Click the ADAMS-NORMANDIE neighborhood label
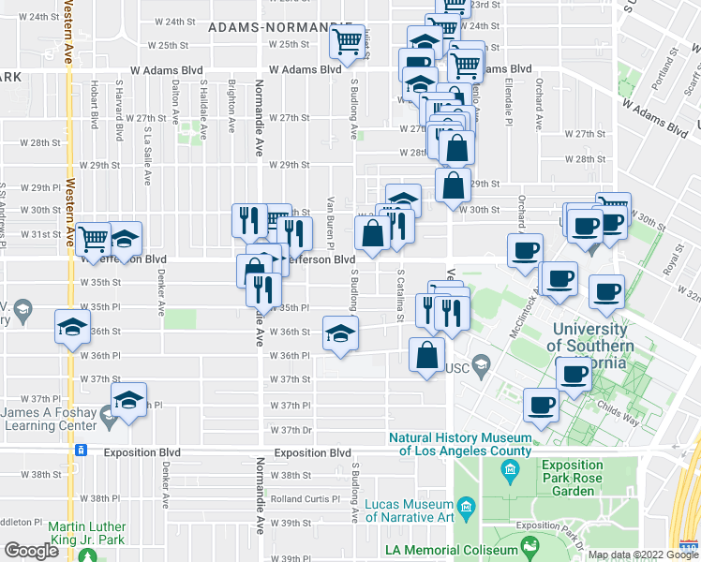point(273,28)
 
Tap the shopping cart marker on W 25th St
point(348,42)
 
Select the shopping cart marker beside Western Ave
point(94,239)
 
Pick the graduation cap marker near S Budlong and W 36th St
point(341,333)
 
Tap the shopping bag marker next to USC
point(426,355)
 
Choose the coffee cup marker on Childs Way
point(541,405)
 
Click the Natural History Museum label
point(459,444)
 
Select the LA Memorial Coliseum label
point(452,550)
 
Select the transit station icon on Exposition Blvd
point(82,452)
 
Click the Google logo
point(32,551)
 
